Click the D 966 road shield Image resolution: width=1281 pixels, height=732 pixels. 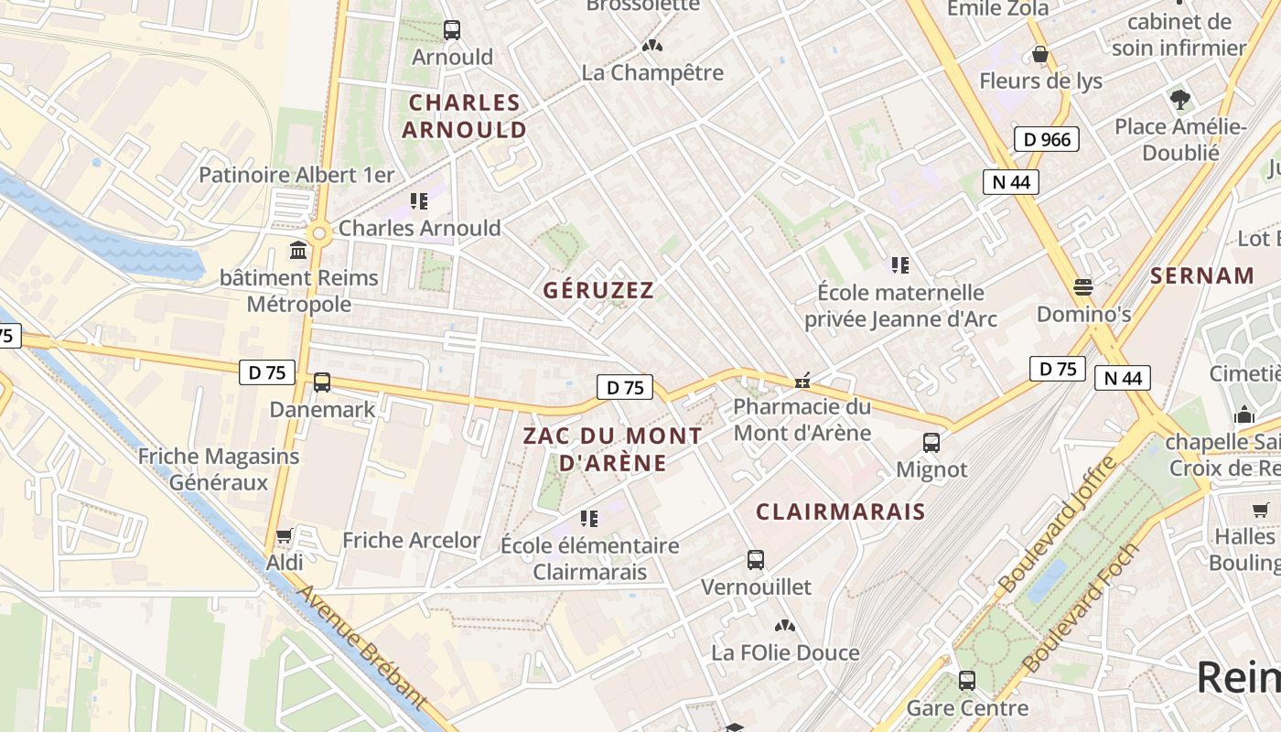pos(1047,139)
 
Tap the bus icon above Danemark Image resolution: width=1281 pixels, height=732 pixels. pos(322,382)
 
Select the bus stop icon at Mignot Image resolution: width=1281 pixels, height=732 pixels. pos(931,443)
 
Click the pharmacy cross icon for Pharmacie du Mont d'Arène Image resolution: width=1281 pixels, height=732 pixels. pos(802,380)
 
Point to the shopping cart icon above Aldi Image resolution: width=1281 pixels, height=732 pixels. pos(285,535)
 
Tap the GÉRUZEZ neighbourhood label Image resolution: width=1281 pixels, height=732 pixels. pos(598,291)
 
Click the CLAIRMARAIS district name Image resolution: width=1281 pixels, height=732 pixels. pos(840,511)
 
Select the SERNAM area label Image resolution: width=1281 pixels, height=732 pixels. pos(1202,275)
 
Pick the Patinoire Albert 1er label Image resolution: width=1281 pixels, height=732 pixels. pos(296,175)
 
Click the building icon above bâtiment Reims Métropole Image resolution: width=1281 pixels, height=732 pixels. pos(298,250)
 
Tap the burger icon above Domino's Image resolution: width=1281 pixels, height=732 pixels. pos(1083,287)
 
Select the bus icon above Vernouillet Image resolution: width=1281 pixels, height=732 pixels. pos(756,559)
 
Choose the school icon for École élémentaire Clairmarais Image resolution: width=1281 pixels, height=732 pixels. pos(589,519)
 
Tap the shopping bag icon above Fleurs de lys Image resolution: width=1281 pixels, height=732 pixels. pos(1040,54)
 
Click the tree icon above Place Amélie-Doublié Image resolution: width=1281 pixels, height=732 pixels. pos(1180,99)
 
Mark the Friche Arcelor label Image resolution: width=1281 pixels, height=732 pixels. pos(411,540)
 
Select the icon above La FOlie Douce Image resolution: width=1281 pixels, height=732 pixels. pos(784,626)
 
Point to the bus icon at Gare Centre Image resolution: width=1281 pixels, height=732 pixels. pos(967,681)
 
